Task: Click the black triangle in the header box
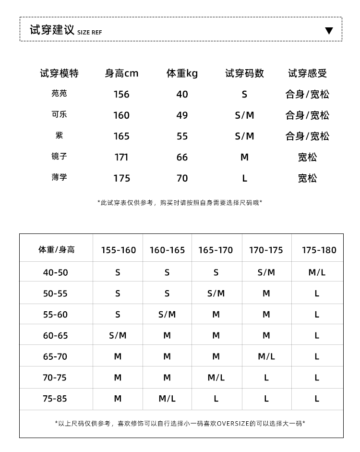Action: (329, 31)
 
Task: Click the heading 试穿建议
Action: (52, 30)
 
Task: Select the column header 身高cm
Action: (121, 73)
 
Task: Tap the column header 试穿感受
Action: (307, 73)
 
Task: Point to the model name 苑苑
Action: (59, 94)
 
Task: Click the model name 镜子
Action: (59, 157)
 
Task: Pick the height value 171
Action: (121, 157)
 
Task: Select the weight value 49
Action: (182, 115)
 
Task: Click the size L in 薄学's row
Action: (244, 178)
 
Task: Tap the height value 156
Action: (121, 94)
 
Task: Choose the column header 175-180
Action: (319, 250)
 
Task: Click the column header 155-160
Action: (119, 250)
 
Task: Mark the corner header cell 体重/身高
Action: (57, 250)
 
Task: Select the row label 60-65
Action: (56, 336)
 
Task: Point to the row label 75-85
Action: (56, 399)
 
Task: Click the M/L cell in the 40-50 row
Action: (317, 272)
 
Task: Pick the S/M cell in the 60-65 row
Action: (118, 336)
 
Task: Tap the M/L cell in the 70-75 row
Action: (216, 378)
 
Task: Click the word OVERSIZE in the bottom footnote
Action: (233, 424)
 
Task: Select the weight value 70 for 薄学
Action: (182, 178)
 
